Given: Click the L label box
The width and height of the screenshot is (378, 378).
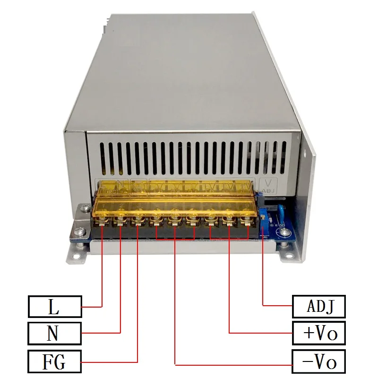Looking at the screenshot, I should [54, 307].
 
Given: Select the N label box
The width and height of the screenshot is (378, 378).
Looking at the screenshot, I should [54, 333].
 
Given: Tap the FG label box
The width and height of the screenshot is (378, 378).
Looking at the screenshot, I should [54, 362].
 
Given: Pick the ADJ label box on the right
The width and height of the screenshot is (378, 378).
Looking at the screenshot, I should [319, 307].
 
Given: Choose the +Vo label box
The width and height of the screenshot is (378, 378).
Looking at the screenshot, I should [319, 333].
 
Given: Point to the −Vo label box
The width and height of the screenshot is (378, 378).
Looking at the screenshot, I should [319, 362].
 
